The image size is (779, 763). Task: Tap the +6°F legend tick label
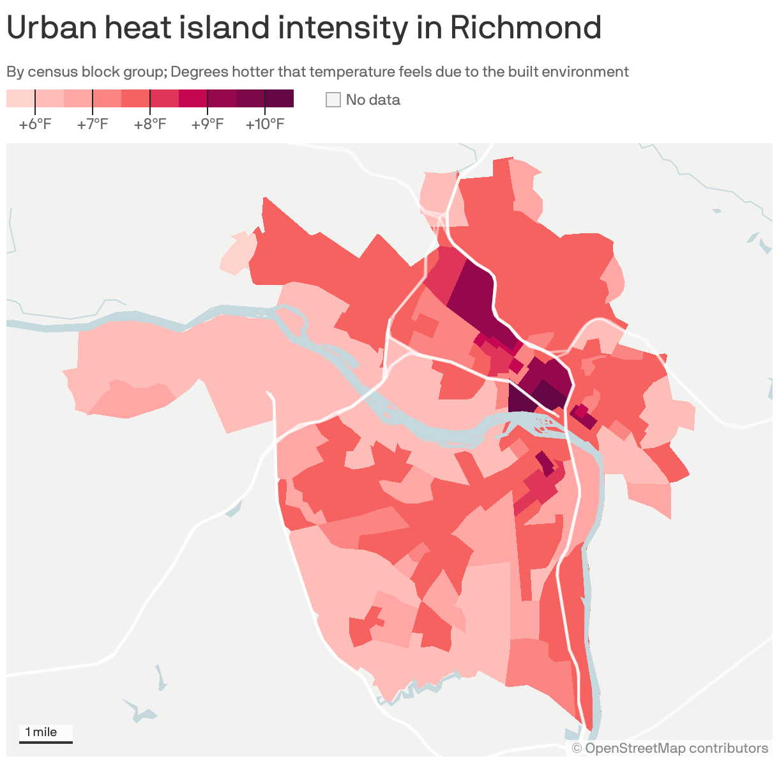[35, 124]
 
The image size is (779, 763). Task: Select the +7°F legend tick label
[93, 124]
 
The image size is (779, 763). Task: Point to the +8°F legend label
[150, 124]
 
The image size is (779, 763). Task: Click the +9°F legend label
[208, 124]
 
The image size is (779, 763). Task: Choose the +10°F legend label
[265, 124]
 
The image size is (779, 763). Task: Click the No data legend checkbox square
[333, 100]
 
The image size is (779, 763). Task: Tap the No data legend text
[373, 100]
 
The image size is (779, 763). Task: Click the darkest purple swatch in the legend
[280, 98]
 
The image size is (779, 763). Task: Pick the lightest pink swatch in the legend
[20, 98]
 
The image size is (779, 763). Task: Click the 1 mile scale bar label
[41, 732]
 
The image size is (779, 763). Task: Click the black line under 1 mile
[45, 742]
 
